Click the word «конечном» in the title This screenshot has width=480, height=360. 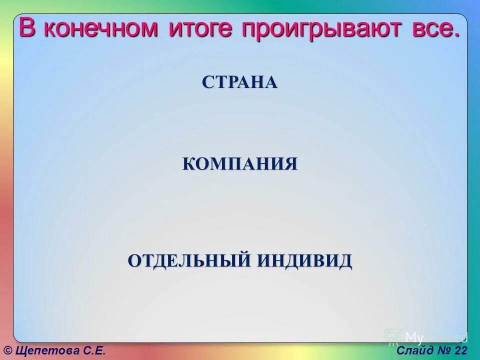pos(98,29)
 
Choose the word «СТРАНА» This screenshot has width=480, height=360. pos(239,82)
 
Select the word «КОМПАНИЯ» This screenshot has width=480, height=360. pos(239,163)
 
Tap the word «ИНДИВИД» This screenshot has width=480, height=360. pos(304,260)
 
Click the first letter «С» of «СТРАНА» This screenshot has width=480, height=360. pos(207,82)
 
